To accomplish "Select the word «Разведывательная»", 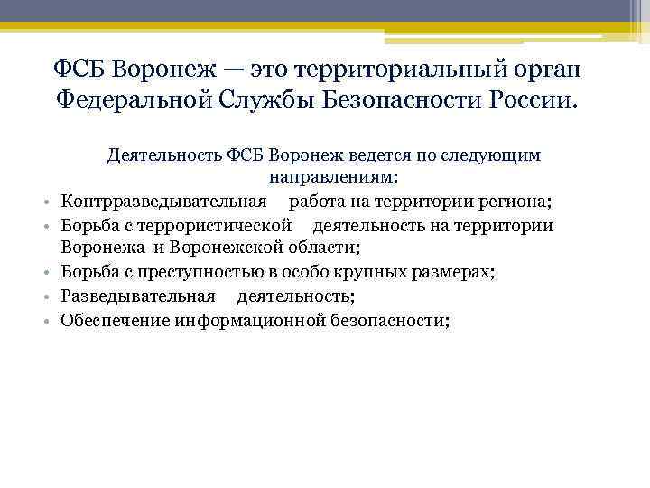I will pos(138,296).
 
